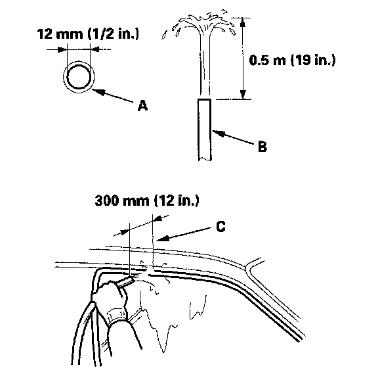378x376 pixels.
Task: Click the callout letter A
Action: (x=142, y=106)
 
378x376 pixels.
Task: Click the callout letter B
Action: (x=262, y=146)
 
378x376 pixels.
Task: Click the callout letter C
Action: (x=220, y=226)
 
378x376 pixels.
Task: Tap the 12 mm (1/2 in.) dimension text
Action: (x=88, y=34)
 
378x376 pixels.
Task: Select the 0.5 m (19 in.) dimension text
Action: (x=292, y=60)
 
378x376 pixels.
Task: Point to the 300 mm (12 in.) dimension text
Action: (x=147, y=200)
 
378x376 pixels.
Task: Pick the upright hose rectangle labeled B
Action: (x=205, y=129)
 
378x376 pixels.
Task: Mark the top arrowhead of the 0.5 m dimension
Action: (x=243, y=22)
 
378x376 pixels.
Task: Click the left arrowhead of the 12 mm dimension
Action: (x=62, y=49)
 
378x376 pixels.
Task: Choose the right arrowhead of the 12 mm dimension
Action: (x=95, y=49)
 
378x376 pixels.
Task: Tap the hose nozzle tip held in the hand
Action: (x=130, y=279)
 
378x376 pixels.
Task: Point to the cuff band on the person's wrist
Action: (x=117, y=315)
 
